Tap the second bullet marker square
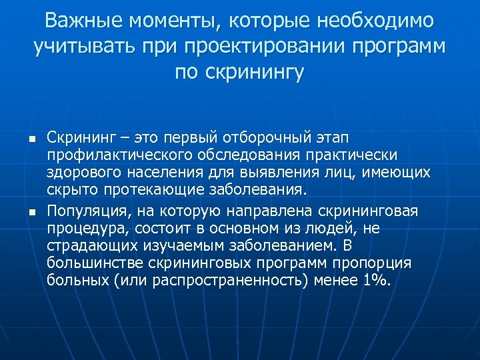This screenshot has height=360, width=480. pyautogui.click(x=23, y=213)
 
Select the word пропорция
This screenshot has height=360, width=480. pyautogui.click(x=375, y=263)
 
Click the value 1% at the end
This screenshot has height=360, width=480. pyautogui.click(x=375, y=281)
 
